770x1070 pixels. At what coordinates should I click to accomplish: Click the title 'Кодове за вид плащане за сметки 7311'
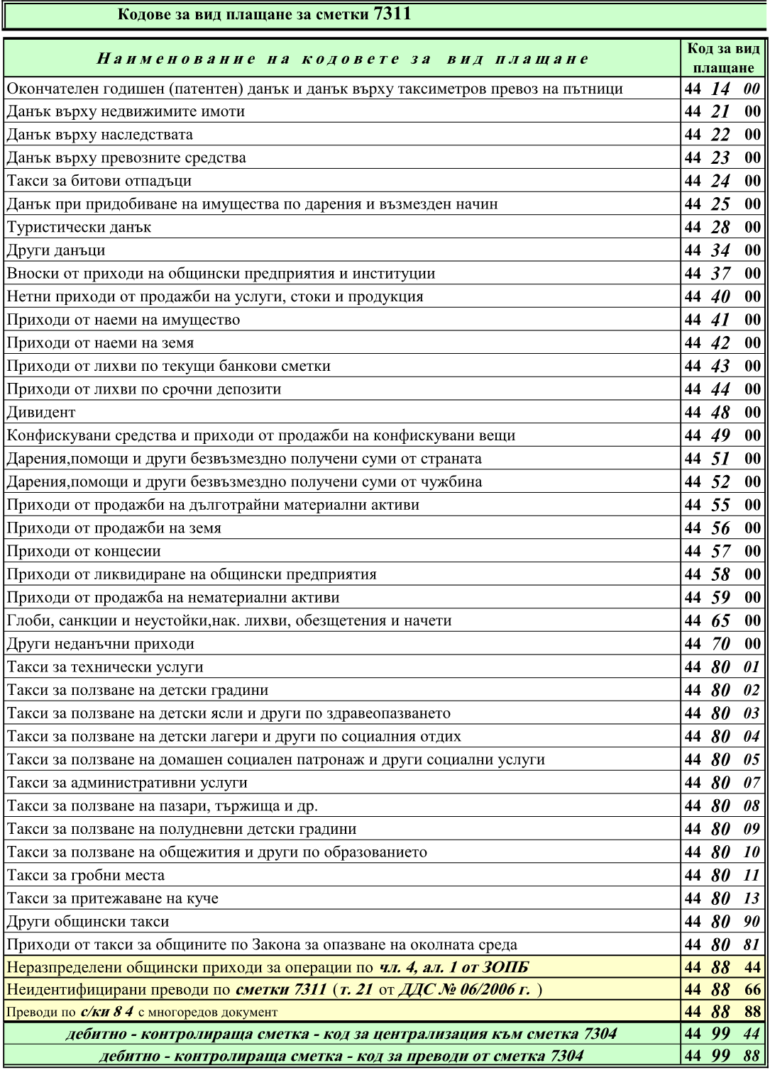coord(263,15)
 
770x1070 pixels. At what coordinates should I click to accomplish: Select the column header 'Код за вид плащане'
coord(722,58)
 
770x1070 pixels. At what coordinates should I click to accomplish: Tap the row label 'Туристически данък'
coord(79,228)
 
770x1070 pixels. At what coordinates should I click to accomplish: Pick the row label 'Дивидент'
coord(41,413)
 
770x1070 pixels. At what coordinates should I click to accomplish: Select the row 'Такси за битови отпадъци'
coord(99,181)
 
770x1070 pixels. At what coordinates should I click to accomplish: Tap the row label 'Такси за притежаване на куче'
coord(113,898)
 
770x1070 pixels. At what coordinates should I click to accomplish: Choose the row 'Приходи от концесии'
coord(84,552)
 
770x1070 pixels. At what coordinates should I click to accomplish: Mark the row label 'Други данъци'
coord(56,250)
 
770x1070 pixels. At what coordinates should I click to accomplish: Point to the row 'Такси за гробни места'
coord(86,876)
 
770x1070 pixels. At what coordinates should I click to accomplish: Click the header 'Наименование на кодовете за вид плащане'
coord(342,58)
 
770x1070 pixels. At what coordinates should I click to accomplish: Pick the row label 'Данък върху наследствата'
coord(100,135)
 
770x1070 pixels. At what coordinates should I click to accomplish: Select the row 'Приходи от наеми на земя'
coord(100,343)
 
